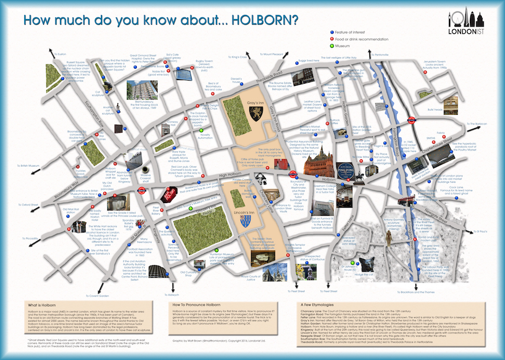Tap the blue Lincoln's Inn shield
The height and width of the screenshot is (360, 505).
coord(247,220)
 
